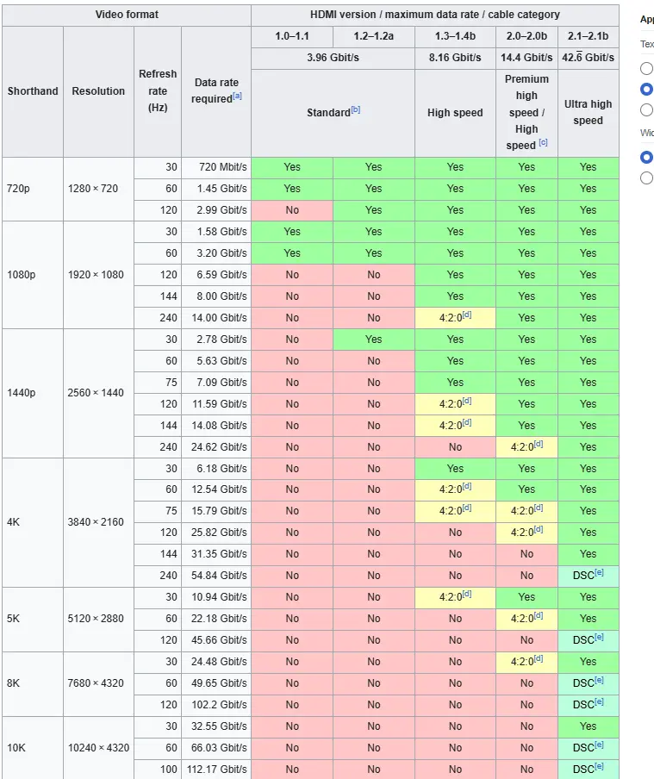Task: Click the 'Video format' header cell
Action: (x=127, y=15)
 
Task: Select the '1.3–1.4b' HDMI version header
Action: (x=455, y=36)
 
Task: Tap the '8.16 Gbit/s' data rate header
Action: (x=455, y=58)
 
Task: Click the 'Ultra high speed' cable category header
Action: (x=588, y=112)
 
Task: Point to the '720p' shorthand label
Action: (x=18, y=189)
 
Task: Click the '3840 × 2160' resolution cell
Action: (x=96, y=522)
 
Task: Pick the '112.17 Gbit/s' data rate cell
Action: (x=216, y=769)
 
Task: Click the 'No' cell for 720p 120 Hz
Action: (x=292, y=210)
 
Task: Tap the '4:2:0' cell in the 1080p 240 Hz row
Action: (x=455, y=317)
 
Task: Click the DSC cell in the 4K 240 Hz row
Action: (x=588, y=576)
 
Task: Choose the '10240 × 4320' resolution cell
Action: (x=98, y=748)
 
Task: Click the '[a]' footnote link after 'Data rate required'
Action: (x=237, y=96)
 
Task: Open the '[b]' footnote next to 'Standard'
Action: (x=356, y=109)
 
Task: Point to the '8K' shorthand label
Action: (x=14, y=683)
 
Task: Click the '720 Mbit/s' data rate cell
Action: (x=222, y=167)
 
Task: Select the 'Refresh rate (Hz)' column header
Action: (x=158, y=91)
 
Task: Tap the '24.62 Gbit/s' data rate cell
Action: (x=219, y=447)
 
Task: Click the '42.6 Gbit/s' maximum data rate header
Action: (x=588, y=58)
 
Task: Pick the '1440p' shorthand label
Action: (x=22, y=392)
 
